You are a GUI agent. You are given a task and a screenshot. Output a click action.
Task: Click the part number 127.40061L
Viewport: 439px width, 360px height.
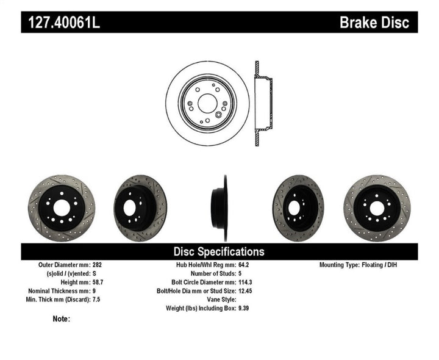pos(65,23)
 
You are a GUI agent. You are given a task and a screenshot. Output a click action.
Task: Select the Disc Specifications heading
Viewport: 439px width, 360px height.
pos(219,251)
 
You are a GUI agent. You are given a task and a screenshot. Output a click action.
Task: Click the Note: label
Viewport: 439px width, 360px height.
pos(62,319)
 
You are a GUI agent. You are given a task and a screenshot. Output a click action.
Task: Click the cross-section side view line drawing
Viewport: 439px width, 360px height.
pos(262,103)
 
